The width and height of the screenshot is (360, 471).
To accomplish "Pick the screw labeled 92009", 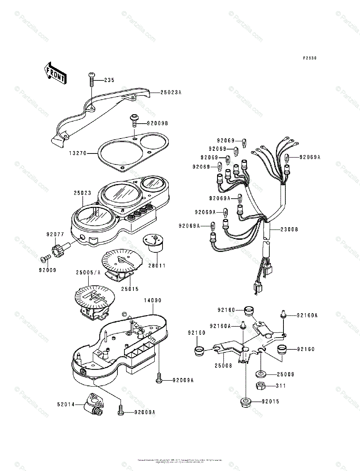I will click(44, 259).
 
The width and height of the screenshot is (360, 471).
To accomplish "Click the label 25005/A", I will click(89, 272).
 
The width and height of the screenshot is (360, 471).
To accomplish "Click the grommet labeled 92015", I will click(246, 402).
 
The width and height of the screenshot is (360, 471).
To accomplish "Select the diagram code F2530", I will click(309, 58).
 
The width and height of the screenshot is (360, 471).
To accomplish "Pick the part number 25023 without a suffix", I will click(82, 193).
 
